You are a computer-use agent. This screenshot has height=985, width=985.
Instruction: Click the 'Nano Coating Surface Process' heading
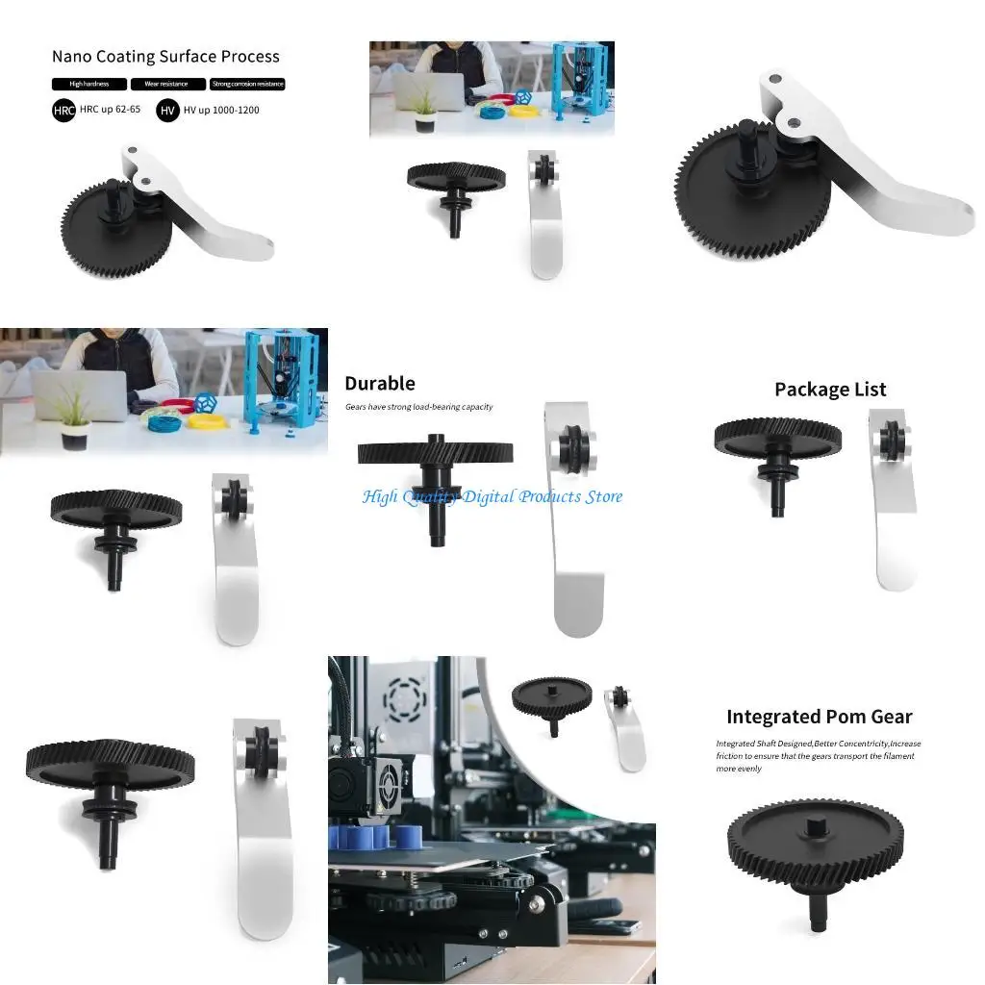tap(165, 57)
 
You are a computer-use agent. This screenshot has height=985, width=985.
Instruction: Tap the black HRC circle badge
tap(63, 111)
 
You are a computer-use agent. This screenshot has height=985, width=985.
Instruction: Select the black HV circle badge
tap(167, 111)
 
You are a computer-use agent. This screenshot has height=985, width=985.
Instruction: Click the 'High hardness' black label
tap(88, 85)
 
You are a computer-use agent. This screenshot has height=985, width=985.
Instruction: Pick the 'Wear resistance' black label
tap(167, 85)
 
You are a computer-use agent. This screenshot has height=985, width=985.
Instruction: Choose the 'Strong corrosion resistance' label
tap(247, 85)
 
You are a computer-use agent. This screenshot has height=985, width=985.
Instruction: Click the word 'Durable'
tap(380, 383)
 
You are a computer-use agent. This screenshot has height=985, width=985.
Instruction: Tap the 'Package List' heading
tap(830, 390)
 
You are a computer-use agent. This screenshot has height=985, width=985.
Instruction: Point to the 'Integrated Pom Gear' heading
tap(819, 717)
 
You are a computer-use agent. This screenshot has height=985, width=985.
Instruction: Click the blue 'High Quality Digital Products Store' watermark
tap(492, 496)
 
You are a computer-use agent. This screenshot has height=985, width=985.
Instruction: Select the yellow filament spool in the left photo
tap(206, 419)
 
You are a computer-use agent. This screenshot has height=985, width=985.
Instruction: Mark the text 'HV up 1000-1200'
tap(221, 111)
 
